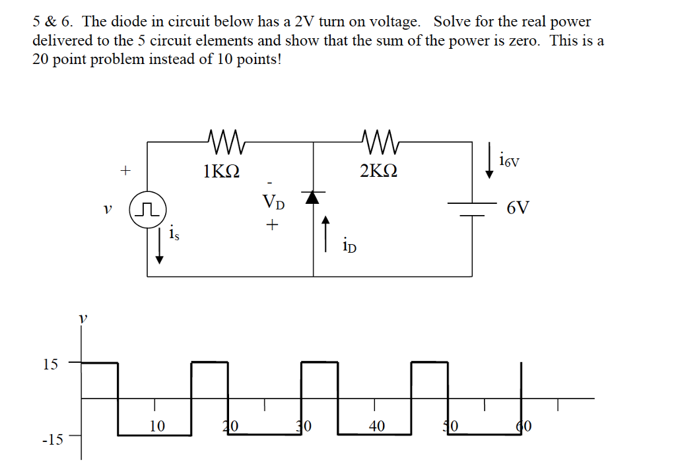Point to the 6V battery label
pos(518,208)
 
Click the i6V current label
pos(510,160)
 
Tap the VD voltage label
pos(274,202)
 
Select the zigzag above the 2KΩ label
pos(378,140)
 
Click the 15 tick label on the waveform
pos(50,364)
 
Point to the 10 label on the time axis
pos(156,426)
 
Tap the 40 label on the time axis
pos(376,426)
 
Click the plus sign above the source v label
pos(123,171)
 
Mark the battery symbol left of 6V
pos(472,208)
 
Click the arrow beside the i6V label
pos(489,164)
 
